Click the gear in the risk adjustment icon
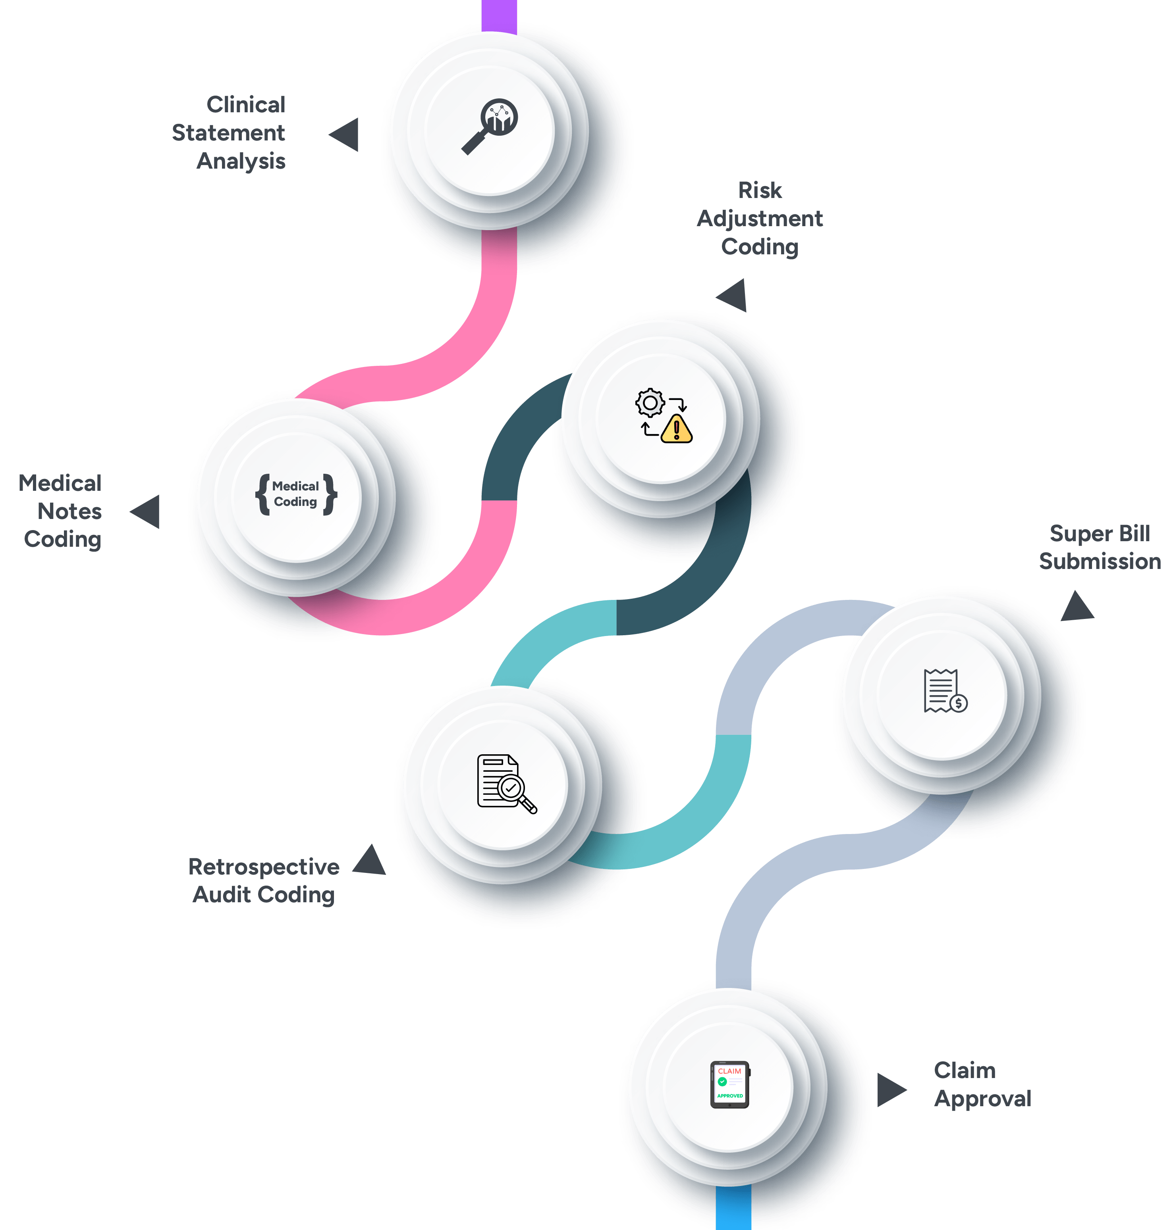pyautogui.click(x=650, y=403)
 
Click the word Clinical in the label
pyautogui.click(x=246, y=104)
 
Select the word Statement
pyautogui.click(x=228, y=133)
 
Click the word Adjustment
pyautogui.click(x=760, y=219)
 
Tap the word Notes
pyautogui.click(x=69, y=511)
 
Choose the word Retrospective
pyautogui.click(x=264, y=867)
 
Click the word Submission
pyautogui.click(x=1100, y=561)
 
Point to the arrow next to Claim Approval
pyautogui.click(x=889, y=1090)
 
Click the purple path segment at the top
pyautogui.click(x=499, y=15)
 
